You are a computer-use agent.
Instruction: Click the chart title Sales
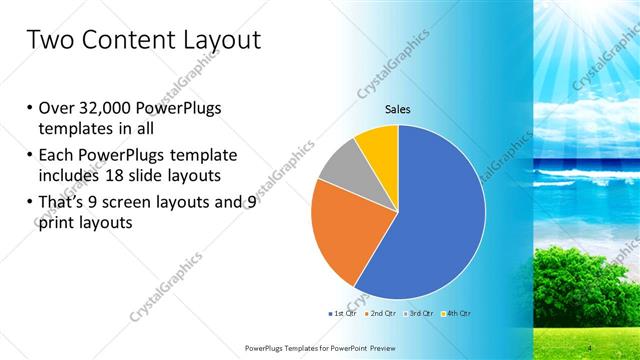pos(398,111)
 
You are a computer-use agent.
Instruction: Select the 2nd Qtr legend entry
pos(378,313)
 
